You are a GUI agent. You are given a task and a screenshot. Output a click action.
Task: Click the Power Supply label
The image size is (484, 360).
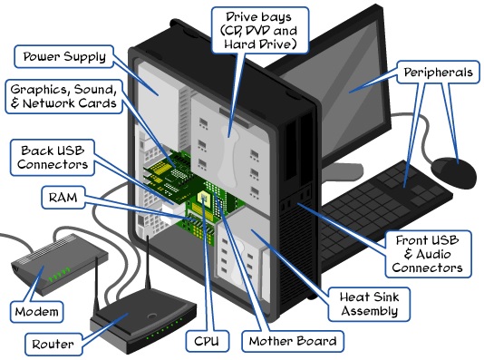(x=63, y=56)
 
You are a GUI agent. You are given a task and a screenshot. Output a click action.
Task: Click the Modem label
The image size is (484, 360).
(x=37, y=312)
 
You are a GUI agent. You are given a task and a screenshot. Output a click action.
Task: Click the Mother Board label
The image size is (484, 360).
(x=294, y=342)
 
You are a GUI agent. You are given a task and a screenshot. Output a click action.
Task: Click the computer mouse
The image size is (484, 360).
(x=453, y=169)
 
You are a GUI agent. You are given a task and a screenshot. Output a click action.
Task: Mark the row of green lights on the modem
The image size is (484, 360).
(x=60, y=274)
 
